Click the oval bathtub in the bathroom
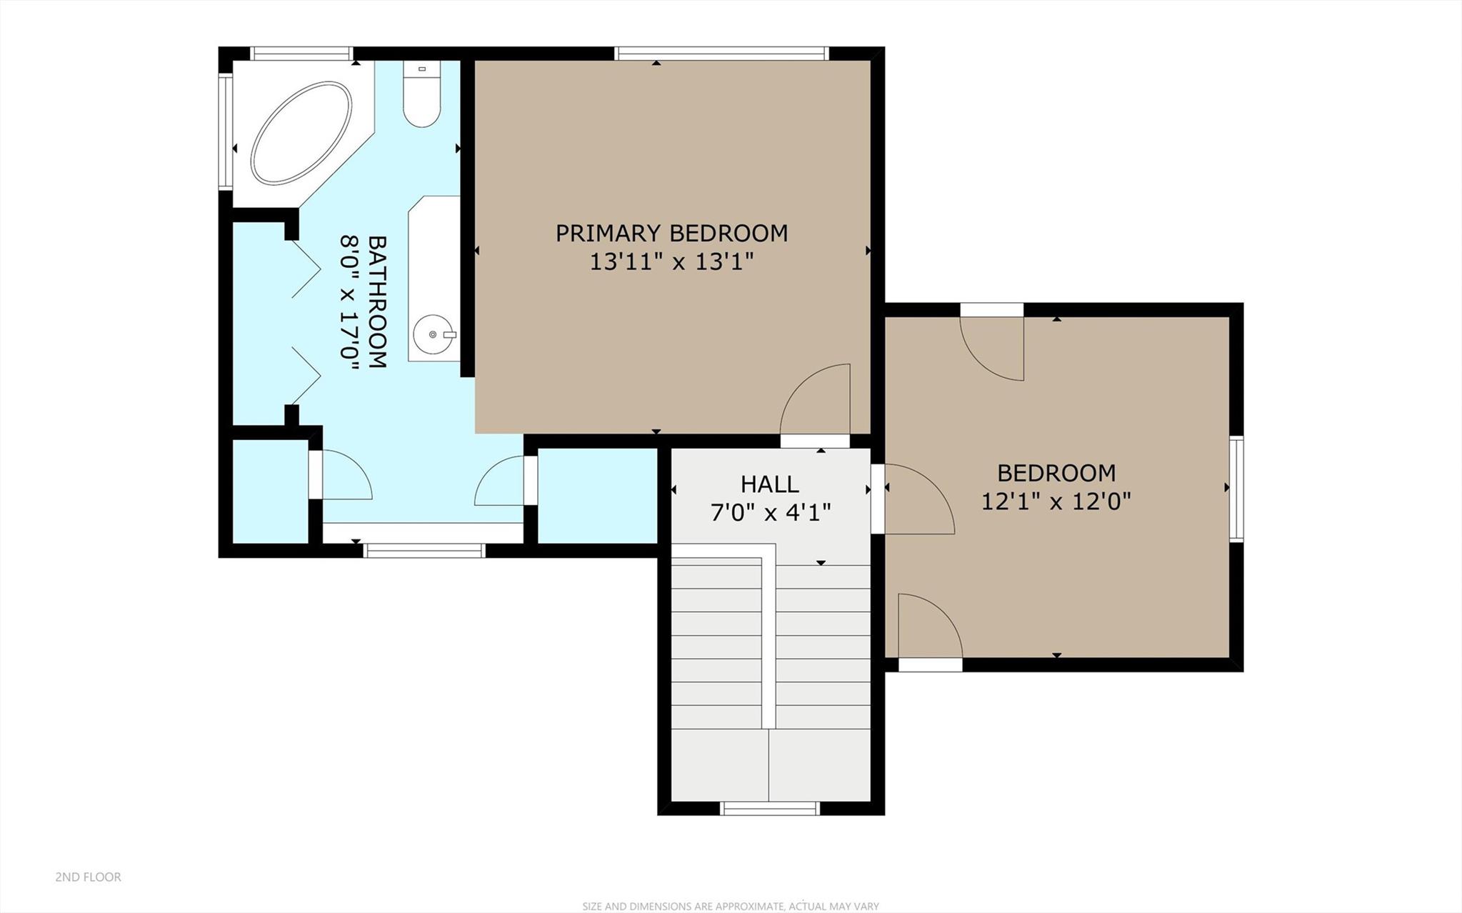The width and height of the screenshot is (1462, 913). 301,133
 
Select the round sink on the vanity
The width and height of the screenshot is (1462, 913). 434,334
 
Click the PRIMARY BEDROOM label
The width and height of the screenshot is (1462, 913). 671,234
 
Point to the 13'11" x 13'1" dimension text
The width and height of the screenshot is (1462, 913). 671,262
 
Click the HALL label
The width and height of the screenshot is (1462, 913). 769,484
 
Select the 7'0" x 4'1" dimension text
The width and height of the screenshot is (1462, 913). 771,512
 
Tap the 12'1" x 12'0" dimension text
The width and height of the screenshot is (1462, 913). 1056,502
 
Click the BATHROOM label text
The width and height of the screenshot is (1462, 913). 376,301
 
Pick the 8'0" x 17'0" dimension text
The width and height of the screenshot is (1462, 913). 349,303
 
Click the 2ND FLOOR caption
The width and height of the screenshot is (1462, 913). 88,877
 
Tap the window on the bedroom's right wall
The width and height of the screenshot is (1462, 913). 1236,488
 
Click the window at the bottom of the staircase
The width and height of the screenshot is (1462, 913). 769,808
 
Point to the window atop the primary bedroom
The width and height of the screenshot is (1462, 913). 721,54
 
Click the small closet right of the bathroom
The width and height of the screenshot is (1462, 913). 596,496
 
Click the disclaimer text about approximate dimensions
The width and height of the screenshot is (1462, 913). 730,906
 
